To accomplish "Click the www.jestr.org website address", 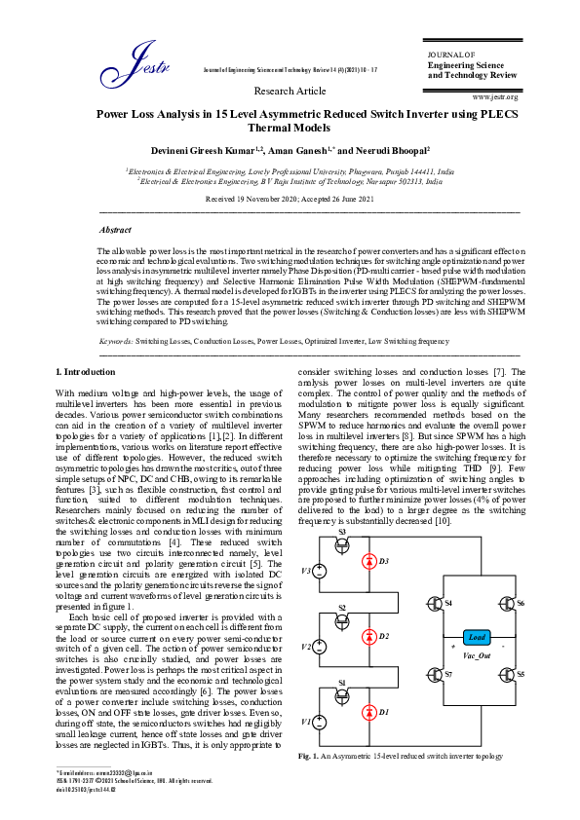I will point(494,96).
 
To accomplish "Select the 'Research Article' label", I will point(290,91).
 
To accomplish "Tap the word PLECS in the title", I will point(501,113).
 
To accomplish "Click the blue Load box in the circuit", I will point(477,637).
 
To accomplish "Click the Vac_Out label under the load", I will point(477,657).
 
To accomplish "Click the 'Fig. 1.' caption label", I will point(309,756).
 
